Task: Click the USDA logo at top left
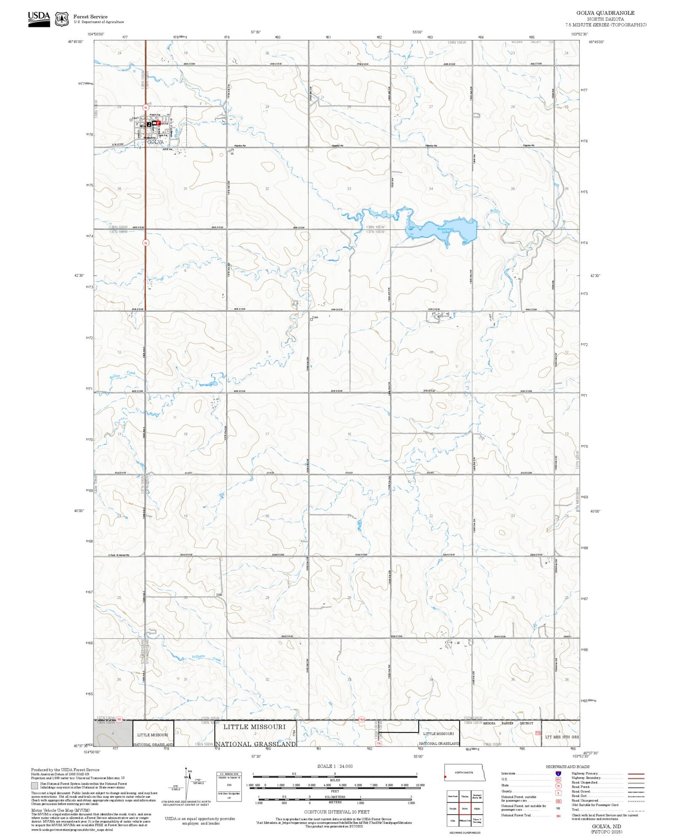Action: (39, 18)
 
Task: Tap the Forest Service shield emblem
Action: (62, 19)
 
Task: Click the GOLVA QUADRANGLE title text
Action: (605, 13)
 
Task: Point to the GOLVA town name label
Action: (155, 142)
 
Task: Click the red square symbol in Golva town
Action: (158, 123)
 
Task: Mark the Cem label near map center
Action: (315, 318)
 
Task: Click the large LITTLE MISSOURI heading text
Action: (254, 727)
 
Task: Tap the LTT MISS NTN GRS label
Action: (562, 737)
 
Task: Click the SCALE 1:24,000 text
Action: (335, 766)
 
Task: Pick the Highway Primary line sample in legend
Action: (636, 774)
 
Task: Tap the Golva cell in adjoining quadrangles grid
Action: (465, 809)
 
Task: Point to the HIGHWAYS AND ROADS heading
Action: (568, 767)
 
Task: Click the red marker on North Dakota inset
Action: (445, 777)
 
